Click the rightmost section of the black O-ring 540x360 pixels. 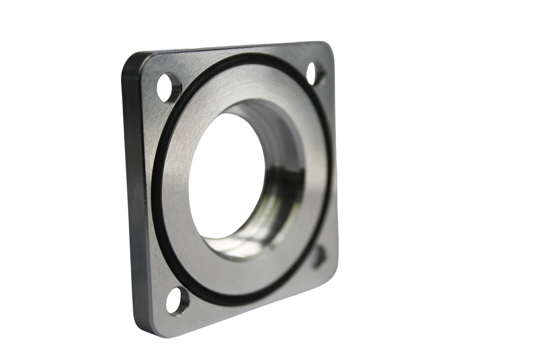pos(331,157)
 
